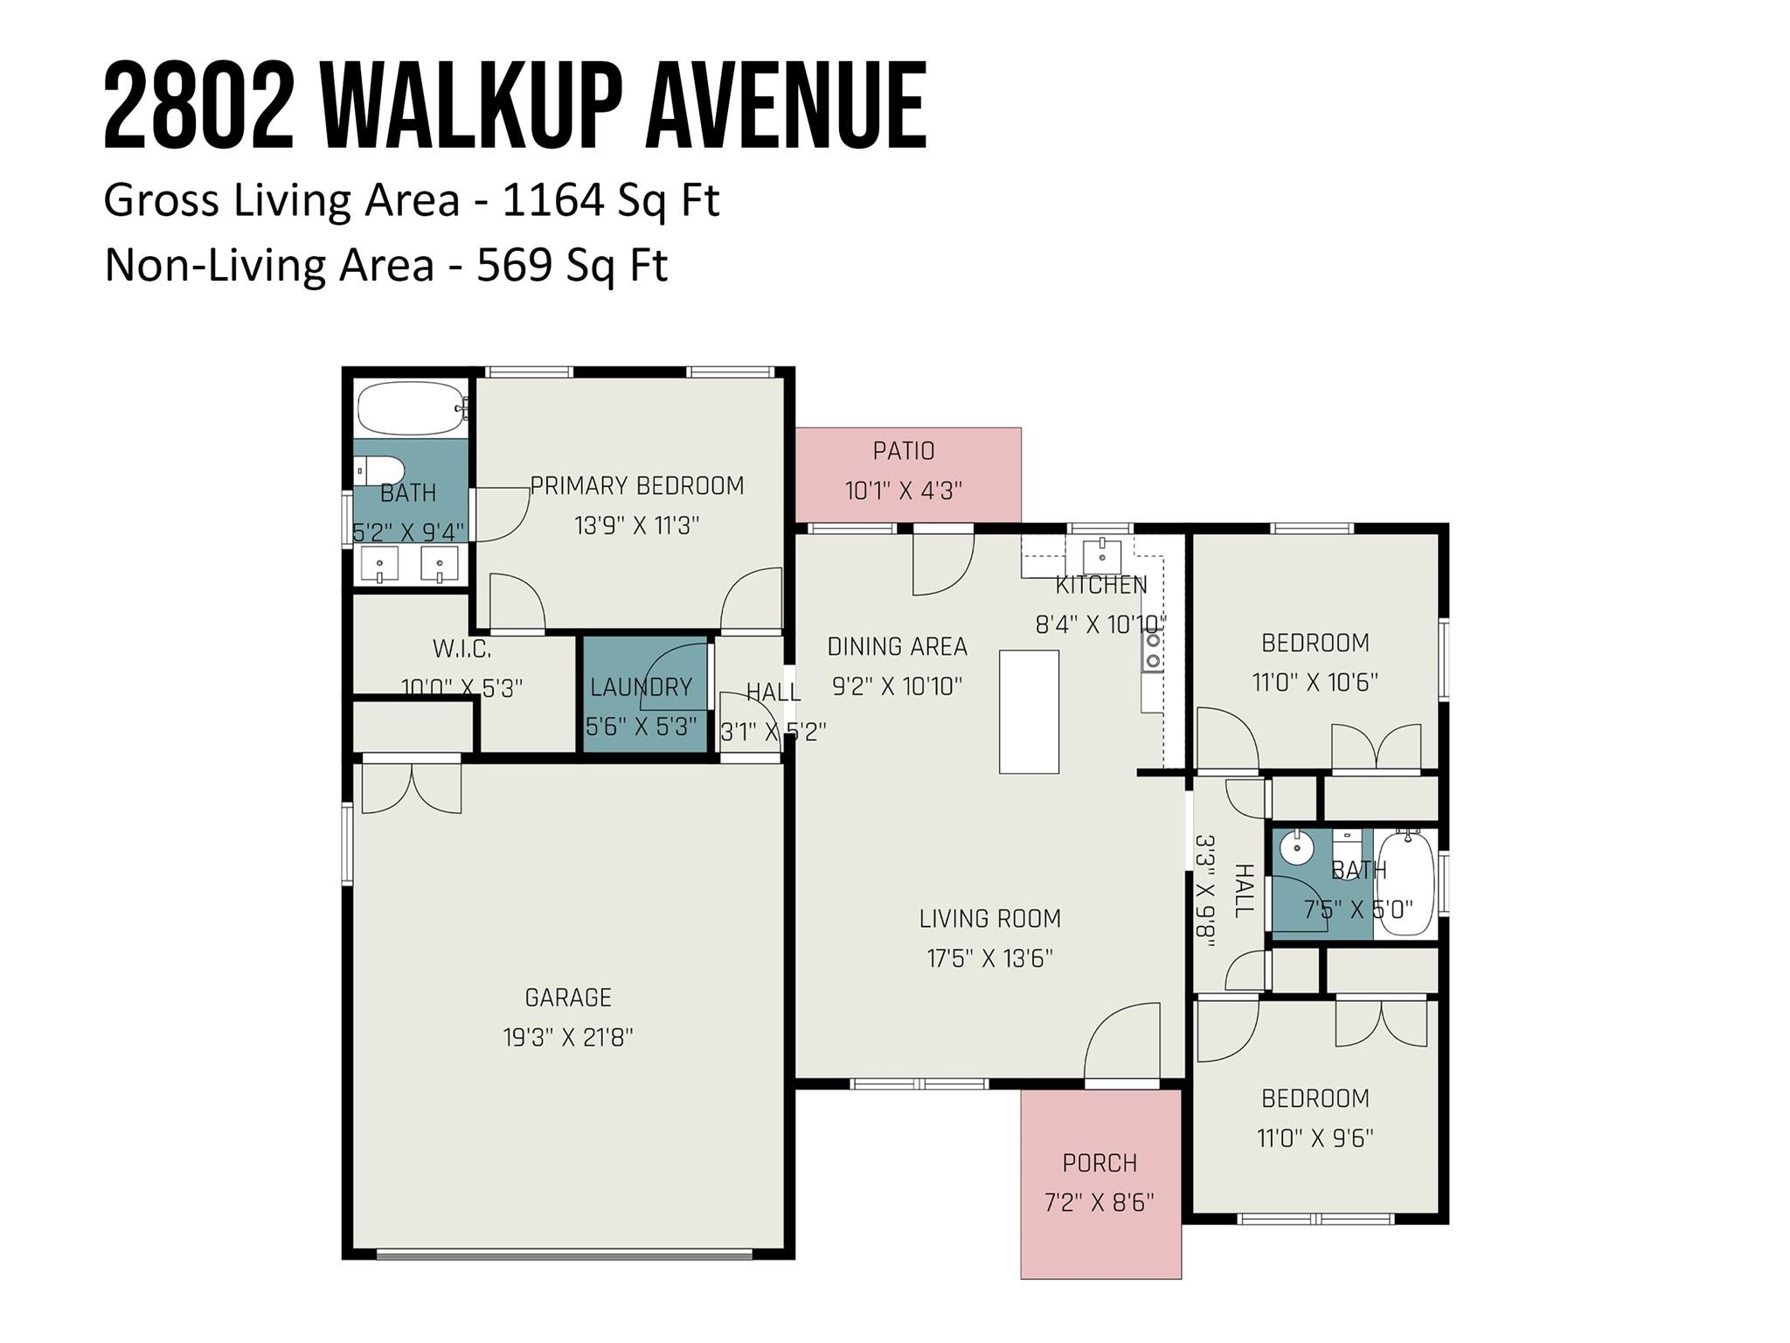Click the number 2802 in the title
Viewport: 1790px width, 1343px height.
click(x=198, y=107)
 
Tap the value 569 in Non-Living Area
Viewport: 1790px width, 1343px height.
click(x=513, y=264)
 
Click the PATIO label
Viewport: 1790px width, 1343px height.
click(x=903, y=451)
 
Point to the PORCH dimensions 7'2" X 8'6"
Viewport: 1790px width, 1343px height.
click(x=1099, y=1203)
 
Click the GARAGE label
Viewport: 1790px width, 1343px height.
click(x=567, y=997)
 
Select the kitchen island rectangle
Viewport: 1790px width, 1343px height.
click(x=1029, y=711)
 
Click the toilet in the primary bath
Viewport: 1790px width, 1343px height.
click(x=379, y=470)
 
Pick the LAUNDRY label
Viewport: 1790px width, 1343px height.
click(x=641, y=687)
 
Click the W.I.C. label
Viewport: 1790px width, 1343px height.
click(x=461, y=649)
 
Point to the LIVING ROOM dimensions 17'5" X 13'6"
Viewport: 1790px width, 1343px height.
click(x=989, y=958)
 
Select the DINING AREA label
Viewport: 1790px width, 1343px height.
click(x=897, y=647)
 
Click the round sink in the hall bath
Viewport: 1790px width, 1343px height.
click(x=1297, y=846)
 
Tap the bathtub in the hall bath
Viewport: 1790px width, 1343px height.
click(x=1405, y=883)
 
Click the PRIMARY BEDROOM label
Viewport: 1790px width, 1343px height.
click(x=636, y=486)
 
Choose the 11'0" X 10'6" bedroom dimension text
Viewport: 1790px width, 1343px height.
click(x=1314, y=682)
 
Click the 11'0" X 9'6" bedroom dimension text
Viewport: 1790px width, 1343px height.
click(x=1314, y=1138)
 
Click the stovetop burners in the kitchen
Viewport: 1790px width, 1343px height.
click(x=1153, y=651)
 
